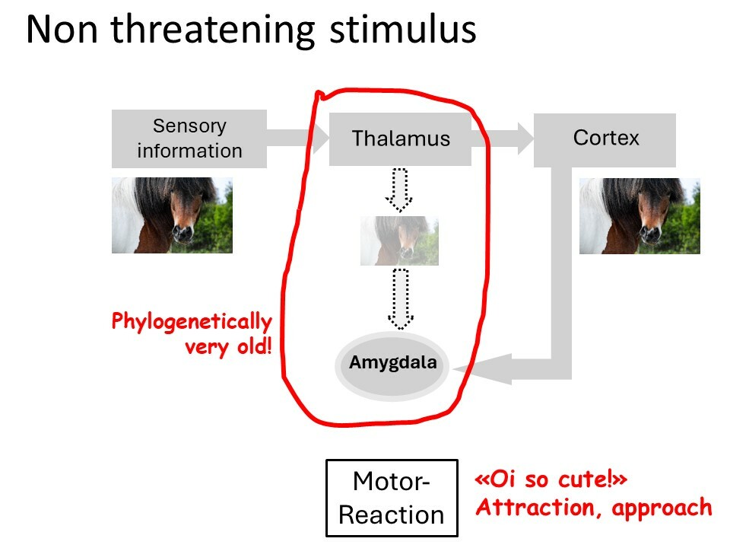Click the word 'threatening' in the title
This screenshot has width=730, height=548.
coord(212,30)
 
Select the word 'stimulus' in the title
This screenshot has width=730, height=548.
coord(403,29)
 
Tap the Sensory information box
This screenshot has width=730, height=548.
coord(189,139)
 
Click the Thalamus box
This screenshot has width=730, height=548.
coord(401,139)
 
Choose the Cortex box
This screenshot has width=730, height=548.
coord(605,140)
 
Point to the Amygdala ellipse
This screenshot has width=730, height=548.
coord(392,366)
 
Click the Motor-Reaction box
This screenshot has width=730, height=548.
coord(392,498)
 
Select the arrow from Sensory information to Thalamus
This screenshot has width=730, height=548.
coord(298,139)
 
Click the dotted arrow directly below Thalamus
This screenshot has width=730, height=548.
coord(399,190)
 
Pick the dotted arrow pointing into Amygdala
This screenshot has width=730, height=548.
coord(401,298)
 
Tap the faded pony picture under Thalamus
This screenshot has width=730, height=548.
coord(399,241)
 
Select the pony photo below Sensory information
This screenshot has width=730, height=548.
coord(173,215)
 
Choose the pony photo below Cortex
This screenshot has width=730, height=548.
coord(640,215)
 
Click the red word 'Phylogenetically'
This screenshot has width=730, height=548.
coord(192,322)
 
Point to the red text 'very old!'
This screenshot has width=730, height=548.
coord(228,347)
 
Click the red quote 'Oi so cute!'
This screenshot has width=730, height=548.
coord(551,479)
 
